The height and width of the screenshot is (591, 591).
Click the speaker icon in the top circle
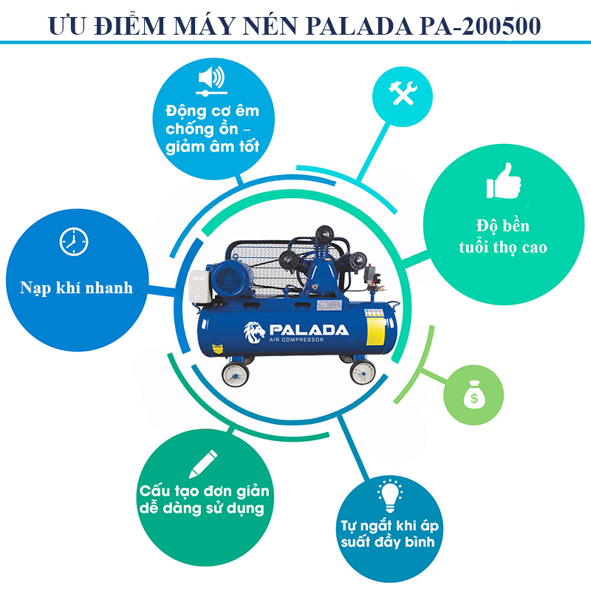[x=212, y=81]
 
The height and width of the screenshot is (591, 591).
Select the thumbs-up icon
[x=504, y=181]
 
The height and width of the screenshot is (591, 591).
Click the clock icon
[x=74, y=242]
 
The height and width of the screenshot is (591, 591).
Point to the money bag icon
[x=474, y=394]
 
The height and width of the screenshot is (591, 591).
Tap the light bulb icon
[x=390, y=496]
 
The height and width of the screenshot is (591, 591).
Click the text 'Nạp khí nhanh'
[x=76, y=288]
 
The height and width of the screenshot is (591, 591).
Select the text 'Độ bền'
[x=503, y=226]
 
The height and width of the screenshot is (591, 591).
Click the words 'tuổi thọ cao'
[x=503, y=247]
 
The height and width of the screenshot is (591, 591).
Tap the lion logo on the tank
[x=254, y=332]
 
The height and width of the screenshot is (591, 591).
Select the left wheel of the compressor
[x=235, y=375]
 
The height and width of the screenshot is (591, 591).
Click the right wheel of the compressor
[x=363, y=372]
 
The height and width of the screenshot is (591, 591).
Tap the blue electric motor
[x=230, y=279]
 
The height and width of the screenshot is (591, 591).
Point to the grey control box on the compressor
[x=199, y=287]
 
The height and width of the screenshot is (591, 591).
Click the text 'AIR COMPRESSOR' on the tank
[x=296, y=340]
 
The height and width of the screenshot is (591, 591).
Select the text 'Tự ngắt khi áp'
[x=390, y=525]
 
